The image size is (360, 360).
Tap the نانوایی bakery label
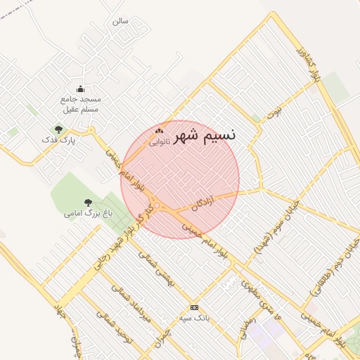(x=159, y=141)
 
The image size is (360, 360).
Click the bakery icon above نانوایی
(x=159, y=131)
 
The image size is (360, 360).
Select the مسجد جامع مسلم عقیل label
(x=80, y=105)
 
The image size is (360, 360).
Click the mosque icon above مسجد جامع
(x=80, y=89)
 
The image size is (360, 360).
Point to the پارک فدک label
(x=58, y=140)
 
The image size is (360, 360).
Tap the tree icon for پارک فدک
(x=58, y=129)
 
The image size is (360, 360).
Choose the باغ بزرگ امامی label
(x=88, y=212)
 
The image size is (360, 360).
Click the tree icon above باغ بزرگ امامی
(x=88, y=202)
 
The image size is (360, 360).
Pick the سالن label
(x=120, y=21)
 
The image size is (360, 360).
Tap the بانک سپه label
(x=194, y=318)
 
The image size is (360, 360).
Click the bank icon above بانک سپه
(x=194, y=307)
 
